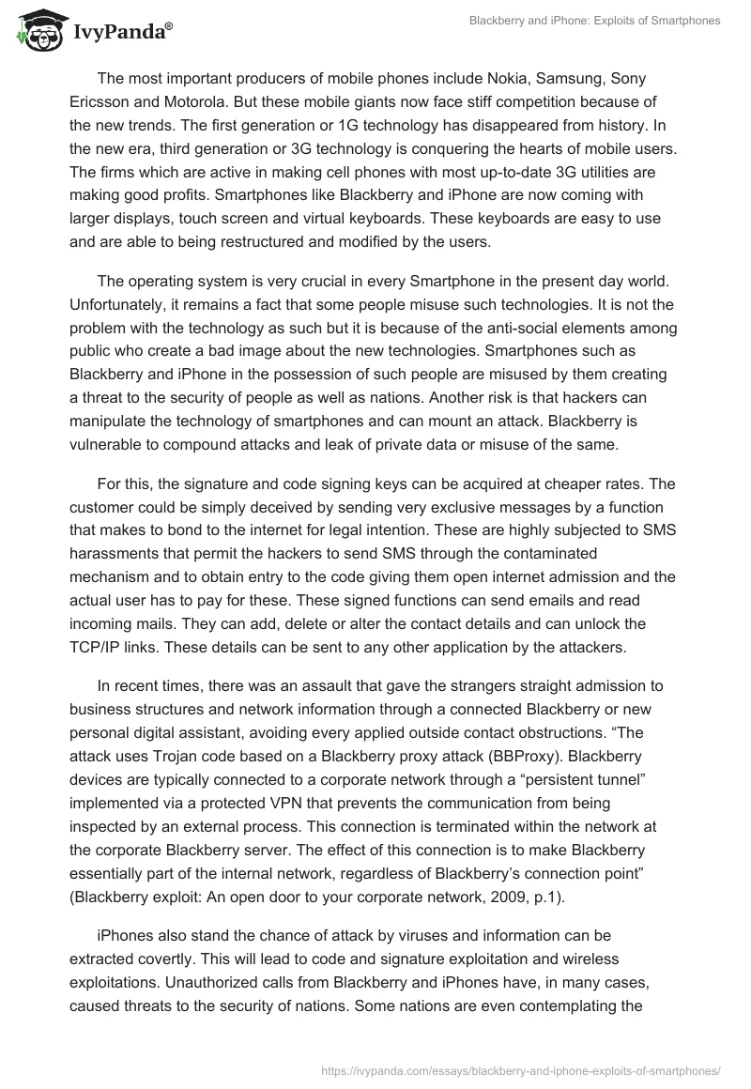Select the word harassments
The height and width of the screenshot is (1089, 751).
[113, 553]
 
